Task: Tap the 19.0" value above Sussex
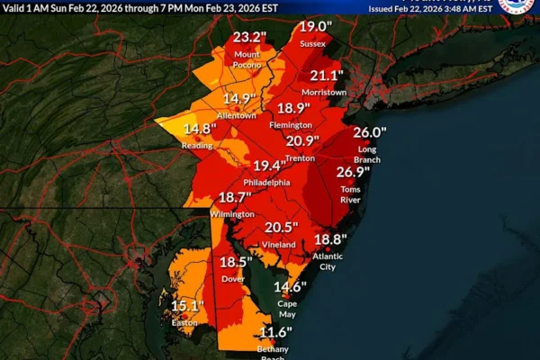click(x=313, y=26)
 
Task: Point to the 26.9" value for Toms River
click(x=354, y=173)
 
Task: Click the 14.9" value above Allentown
click(x=240, y=99)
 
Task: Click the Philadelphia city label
click(x=265, y=182)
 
